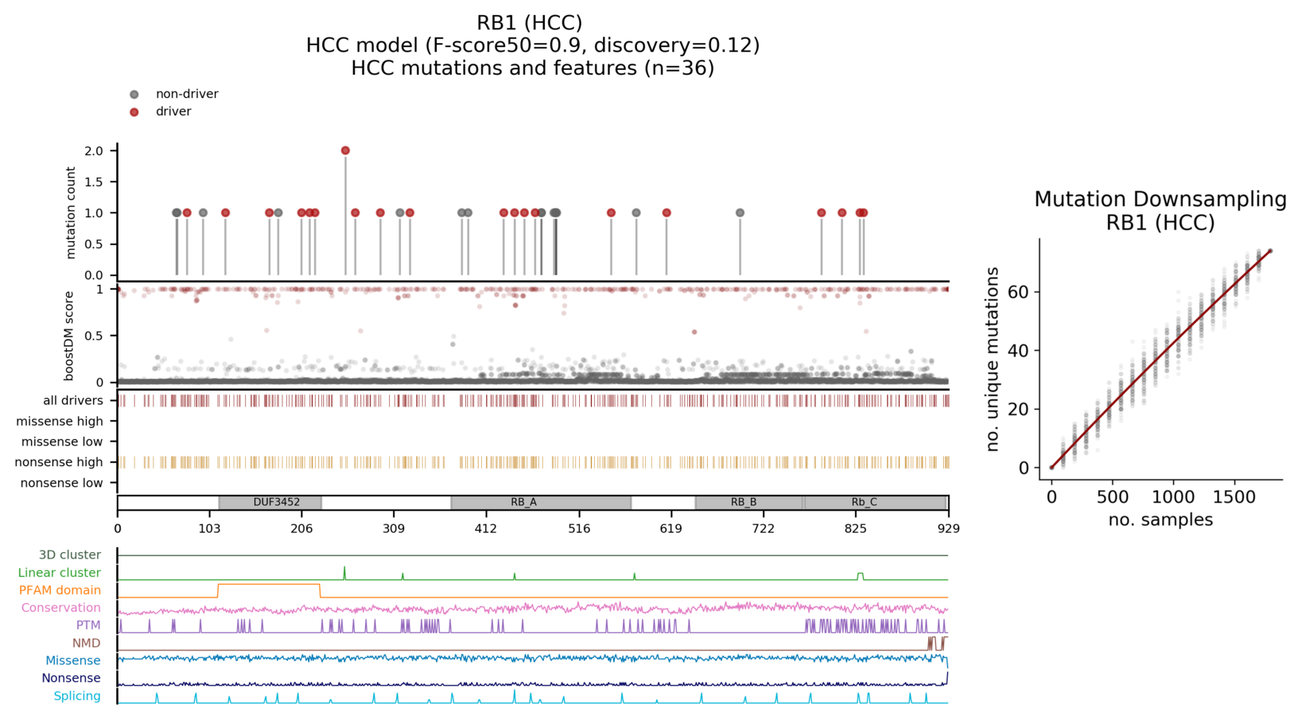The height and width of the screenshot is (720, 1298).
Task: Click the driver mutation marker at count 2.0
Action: pyautogui.click(x=345, y=150)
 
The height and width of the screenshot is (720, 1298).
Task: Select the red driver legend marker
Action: pyautogui.click(x=134, y=112)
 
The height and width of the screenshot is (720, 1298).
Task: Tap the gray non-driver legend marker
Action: pyautogui.click(x=134, y=95)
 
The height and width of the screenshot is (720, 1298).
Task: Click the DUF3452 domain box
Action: pyautogui.click(x=270, y=503)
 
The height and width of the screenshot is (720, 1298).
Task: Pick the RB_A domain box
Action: pyautogui.click(x=541, y=503)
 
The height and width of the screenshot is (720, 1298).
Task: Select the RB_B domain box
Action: pyautogui.click(x=748, y=503)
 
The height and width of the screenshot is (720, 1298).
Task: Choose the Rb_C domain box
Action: pyautogui.click(x=875, y=503)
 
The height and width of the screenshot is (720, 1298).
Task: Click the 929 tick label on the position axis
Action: pyautogui.click(x=948, y=528)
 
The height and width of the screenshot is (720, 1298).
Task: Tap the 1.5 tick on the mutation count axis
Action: pyautogui.click(x=94, y=182)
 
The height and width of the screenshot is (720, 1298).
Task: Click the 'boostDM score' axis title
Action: pyautogui.click(x=69, y=336)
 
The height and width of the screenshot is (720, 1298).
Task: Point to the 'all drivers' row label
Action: pyautogui.click(x=73, y=401)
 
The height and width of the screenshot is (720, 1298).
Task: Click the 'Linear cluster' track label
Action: pyautogui.click(x=60, y=573)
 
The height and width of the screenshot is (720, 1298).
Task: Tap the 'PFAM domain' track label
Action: pyautogui.click(x=60, y=590)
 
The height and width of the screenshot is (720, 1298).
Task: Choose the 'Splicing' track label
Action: pyautogui.click(x=77, y=696)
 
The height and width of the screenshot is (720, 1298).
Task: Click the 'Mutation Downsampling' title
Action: pyautogui.click(x=1160, y=200)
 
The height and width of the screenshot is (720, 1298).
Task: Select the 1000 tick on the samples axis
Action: pyautogui.click(x=1173, y=497)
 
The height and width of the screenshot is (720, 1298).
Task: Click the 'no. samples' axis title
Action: pyautogui.click(x=1160, y=520)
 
